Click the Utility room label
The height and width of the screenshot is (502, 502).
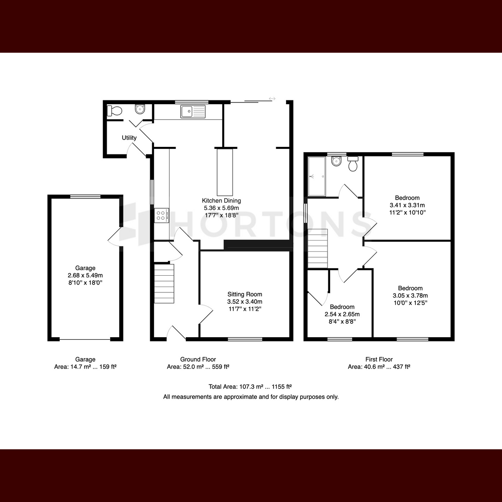click(129, 138)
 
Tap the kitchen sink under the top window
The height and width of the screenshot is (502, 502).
click(193, 112)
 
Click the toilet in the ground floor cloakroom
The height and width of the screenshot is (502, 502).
click(115, 111)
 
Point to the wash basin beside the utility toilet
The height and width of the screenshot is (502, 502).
click(140, 109)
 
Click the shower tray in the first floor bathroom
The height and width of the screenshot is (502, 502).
click(317, 176)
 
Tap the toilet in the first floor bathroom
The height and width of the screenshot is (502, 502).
click(353, 164)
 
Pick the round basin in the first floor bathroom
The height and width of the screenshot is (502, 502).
click(336, 161)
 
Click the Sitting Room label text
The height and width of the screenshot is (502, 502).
click(245, 295)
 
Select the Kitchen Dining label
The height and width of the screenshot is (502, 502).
click(221, 201)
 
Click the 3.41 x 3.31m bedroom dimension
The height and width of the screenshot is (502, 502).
click(407, 205)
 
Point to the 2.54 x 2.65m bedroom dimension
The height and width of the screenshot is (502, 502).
click(342, 314)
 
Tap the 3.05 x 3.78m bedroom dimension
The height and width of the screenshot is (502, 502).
click(410, 295)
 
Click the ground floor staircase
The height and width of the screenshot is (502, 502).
click(164, 284)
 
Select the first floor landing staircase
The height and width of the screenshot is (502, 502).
click(318, 248)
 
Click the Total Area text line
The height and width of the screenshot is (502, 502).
click(250, 387)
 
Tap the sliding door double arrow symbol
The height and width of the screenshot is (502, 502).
click(272, 98)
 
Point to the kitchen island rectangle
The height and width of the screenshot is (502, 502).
click(225, 172)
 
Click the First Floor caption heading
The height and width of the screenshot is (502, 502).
click(379, 359)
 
